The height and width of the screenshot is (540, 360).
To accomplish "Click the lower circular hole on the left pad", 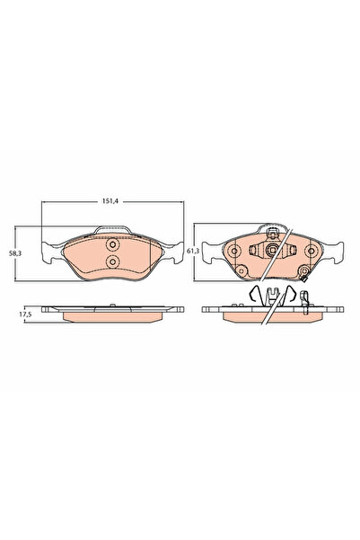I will click(112, 262).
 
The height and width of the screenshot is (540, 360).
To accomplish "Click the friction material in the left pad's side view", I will click(112, 317).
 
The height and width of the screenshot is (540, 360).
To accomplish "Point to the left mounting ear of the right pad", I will click(206, 251).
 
